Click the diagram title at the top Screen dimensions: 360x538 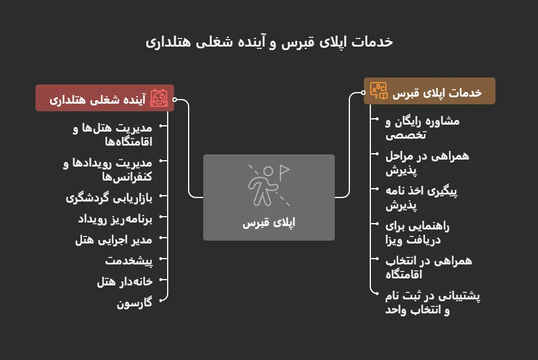tap(269, 42)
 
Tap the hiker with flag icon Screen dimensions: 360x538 tap(268, 185)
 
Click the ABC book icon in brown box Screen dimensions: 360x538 tap(379, 91)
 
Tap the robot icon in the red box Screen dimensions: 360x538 tap(159, 98)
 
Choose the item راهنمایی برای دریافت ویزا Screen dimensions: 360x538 tap(417, 233)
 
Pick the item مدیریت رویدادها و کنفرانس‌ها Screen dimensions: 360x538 tap(107, 169)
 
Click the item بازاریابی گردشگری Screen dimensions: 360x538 tap(109, 197)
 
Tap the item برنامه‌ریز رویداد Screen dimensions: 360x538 tap(115, 218)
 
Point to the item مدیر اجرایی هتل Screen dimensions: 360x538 tap(114, 239)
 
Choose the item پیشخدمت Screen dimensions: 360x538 tap(129, 260)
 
